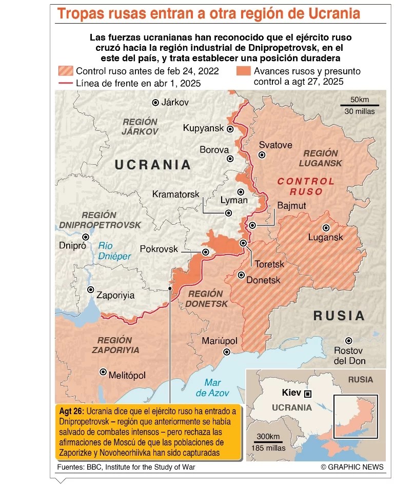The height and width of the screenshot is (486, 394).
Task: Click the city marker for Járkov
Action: (x=155, y=103)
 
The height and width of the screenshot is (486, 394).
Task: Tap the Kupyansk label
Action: (x=203, y=128)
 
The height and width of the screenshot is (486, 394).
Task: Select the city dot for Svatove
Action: (x=262, y=154)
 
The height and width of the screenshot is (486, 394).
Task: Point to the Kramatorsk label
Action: (x=175, y=195)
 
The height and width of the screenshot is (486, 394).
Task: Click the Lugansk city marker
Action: (x=326, y=227)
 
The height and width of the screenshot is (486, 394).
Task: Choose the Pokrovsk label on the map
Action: (x=159, y=249)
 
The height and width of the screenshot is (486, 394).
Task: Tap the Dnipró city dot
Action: (x=86, y=237)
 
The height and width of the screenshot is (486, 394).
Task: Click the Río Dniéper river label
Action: (x=114, y=251)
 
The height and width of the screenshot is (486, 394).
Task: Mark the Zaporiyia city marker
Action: (x=91, y=290)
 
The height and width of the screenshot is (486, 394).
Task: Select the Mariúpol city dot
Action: (x=226, y=352)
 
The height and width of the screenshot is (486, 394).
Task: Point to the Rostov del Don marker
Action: (x=349, y=340)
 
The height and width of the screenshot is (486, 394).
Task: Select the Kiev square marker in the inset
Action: (x=308, y=394)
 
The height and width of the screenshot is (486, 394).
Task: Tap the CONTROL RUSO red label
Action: (x=306, y=187)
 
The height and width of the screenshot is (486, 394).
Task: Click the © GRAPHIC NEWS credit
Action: (x=352, y=467)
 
